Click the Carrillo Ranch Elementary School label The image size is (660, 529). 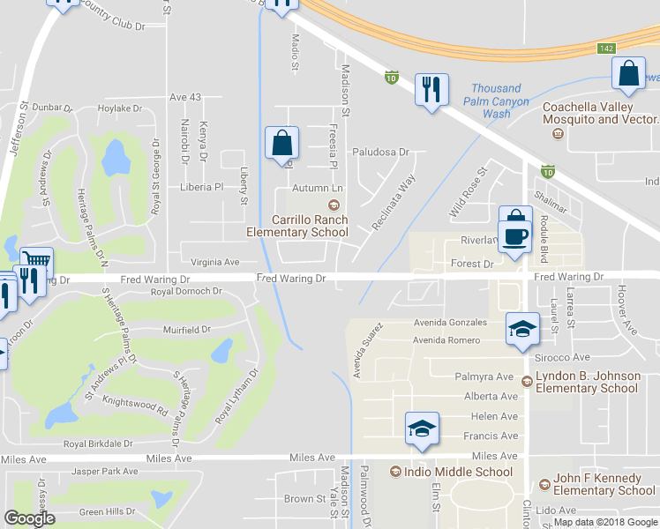[296, 227]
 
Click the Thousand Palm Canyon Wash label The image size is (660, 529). [499, 101]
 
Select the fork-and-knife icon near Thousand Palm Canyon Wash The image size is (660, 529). [431, 89]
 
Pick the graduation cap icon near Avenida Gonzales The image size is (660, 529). [521, 330]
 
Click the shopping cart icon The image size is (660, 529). [37, 262]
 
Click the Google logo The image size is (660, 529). [29, 518]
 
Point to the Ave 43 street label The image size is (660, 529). [185, 97]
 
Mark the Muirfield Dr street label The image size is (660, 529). [187, 330]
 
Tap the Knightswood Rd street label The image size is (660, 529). [137, 406]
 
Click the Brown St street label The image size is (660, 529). [305, 499]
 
